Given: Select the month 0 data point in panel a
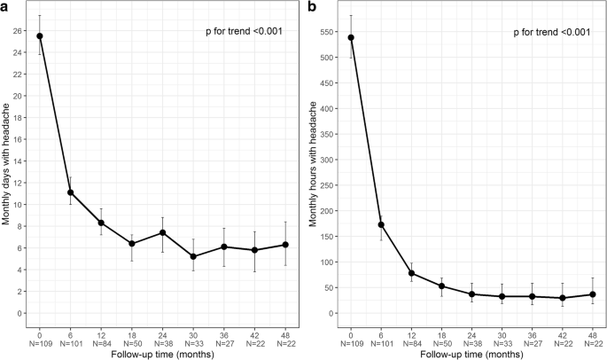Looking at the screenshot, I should click(40, 36).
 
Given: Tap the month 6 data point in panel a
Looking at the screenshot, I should click(71, 192).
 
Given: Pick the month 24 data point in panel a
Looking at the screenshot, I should click(163, 232).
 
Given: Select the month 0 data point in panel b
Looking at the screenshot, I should click(350, 37).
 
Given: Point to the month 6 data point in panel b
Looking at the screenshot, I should click(381, 224).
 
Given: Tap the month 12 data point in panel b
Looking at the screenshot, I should click(412, 273).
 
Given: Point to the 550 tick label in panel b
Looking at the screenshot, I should click(330, 32).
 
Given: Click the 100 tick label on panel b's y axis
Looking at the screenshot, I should click(330, 262).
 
